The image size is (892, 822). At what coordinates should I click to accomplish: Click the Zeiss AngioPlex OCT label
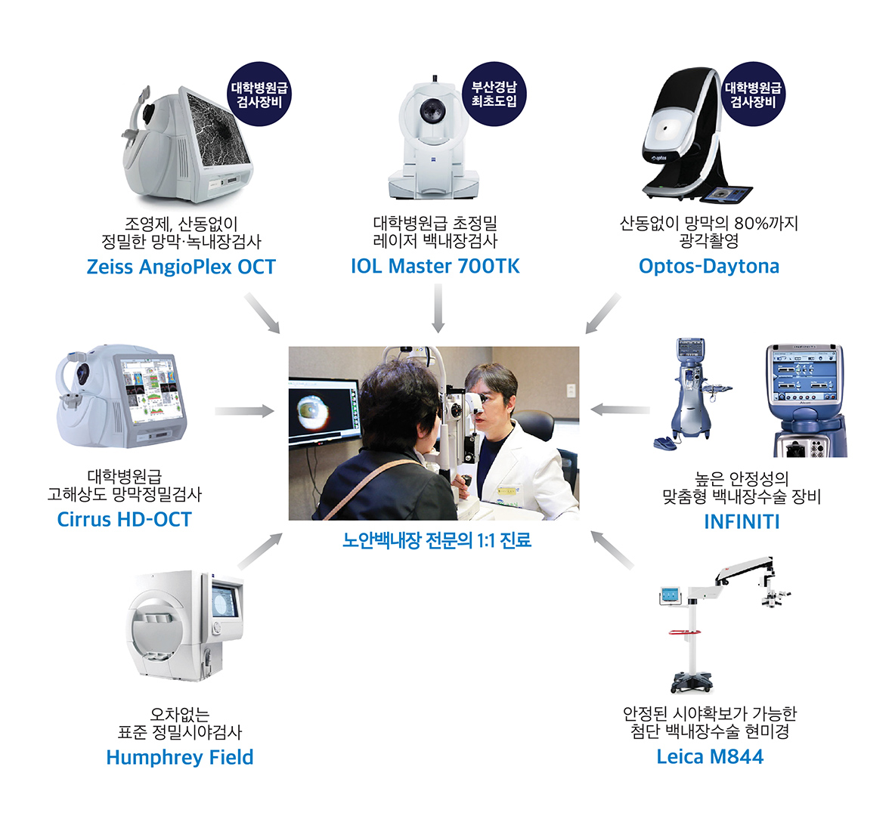(x=181, y=267)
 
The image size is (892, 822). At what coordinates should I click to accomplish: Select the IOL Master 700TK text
(x=435, y=266)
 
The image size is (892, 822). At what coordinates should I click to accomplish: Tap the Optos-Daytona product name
(x=709, y=266)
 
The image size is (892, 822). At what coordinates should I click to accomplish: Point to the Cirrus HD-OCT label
(x=124, y=519)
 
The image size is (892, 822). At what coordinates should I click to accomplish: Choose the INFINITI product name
(x=742, y=522)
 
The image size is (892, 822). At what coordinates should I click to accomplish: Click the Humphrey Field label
(x=180, y=757)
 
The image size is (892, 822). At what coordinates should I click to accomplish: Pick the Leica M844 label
(x=710, y=756)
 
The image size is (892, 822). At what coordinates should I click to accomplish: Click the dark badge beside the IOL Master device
(x=494, y=94)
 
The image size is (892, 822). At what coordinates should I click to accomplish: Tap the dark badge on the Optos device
(x=753, y=94)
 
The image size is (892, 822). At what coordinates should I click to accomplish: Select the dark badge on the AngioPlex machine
(x=259, y=94)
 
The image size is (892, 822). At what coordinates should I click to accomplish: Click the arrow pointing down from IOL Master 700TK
(x=438, y=308)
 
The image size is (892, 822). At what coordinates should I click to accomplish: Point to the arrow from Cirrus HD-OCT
(x=245, y=411)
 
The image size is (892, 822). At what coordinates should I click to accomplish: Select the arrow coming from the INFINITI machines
(x=620, y=409)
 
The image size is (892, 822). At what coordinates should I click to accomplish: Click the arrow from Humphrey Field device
(x=260, y=551)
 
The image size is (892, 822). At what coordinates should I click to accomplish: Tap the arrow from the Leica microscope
(x=612, y=550)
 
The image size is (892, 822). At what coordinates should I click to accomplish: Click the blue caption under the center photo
(x=437, y=539)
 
